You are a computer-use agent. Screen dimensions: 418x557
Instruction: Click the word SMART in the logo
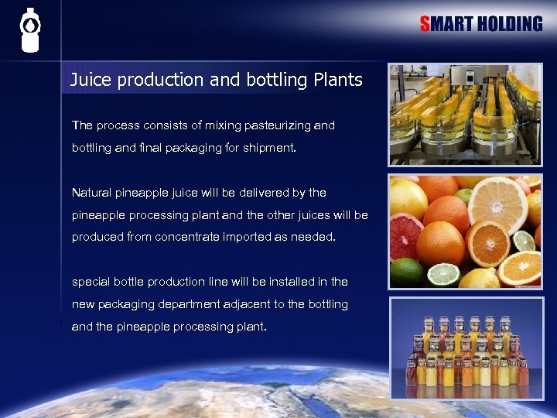[x=446, y=24]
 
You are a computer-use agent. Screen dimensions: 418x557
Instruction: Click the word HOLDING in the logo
[x=509, y=24]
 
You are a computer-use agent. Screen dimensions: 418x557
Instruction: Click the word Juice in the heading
[x=91, y=80]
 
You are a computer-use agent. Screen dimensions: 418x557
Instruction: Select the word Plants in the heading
[x=338, y=80]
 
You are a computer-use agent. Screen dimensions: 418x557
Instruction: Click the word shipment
[x=270, y=147]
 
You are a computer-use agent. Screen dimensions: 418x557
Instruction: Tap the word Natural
[x=94, y=192]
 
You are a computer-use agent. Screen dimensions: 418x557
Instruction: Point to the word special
[x=91, y=282]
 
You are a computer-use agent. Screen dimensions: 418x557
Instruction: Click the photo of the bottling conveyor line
[x=465, y=115]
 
